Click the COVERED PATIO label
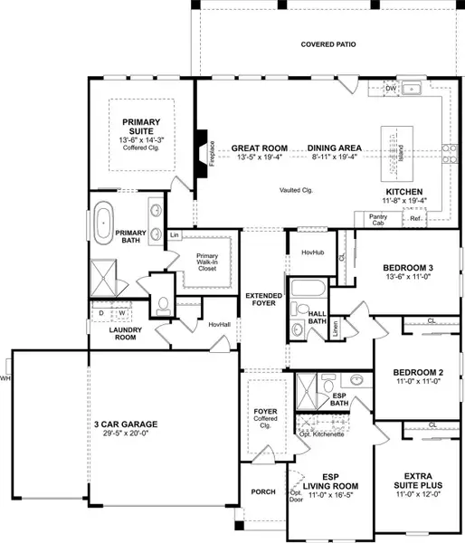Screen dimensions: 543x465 pyautogui.click(x=329, y=44)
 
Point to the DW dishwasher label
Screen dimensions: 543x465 pyautogui.click(x=390, y=89)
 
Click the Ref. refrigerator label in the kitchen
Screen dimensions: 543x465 pyautogui.click(x=416, y=218)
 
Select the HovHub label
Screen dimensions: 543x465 pyautogui.click(x=313, y=252)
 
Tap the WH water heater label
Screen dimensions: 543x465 pyautogui.click(x=5, y=378)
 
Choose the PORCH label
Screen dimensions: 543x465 pyautogui.click(x=262, y=492)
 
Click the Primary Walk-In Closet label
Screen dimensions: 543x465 pyautogui.click(x=209, y=261)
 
